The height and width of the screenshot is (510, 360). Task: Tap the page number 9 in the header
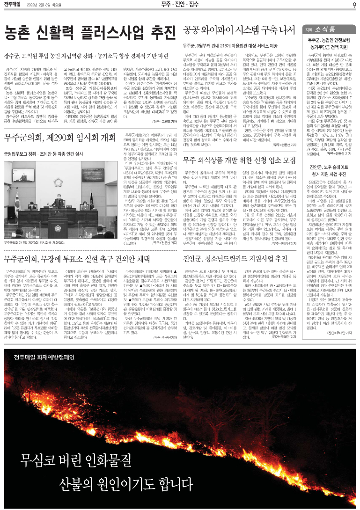(x=355, y=5)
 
